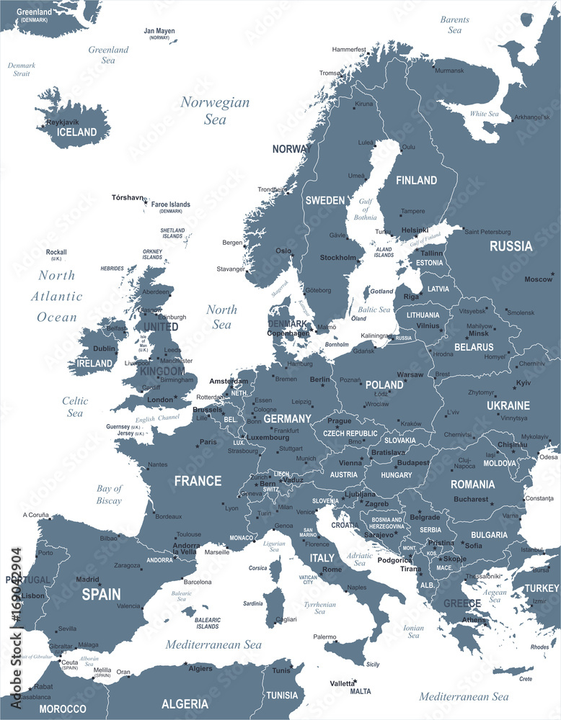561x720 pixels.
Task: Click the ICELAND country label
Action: click(x=76, y=132)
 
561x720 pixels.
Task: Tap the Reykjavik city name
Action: click(x=62, y=122)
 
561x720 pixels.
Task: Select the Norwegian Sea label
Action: click(x=215, y=111)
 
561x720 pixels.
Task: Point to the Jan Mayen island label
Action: click(x=159, y=31)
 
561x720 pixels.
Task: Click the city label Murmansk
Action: click(x=449, y=71)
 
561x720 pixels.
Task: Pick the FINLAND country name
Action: click(x=416, y=180)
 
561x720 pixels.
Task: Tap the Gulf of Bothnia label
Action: click(x=366, y=209)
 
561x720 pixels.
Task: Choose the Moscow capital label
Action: click(x=538, y=279)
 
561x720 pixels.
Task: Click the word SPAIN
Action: click(x=101, y=595)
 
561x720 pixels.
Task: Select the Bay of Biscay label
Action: click(x=109, y=494)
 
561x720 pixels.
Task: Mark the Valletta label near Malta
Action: click(x=343, y=683)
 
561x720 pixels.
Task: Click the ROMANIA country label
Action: click(x=473, y=485)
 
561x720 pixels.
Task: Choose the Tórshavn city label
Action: click(x=128, y=197)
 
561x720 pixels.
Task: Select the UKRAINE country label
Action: click(x=508, y=405)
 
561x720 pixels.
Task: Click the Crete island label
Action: click(x=526, y=678)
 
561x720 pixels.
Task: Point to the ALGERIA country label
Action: click(x=185, y=703)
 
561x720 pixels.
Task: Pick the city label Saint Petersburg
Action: click(x=487, y=232)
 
